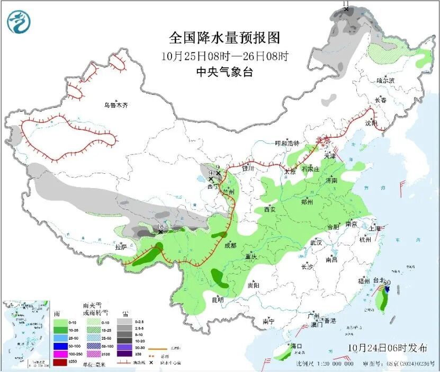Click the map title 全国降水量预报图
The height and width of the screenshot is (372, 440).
[x=224, y=38]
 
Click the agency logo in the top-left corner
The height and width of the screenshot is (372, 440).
[x=19, y=22]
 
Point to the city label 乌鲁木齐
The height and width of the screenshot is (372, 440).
[x=116, y=105]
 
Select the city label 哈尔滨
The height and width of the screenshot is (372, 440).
[x=385, y=81]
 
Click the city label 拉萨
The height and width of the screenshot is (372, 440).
[x=121, y=246]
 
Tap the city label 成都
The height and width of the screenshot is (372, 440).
[x=230, y=245]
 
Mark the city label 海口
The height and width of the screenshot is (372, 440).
[x=296, y=346]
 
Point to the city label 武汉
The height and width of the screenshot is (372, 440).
[x=316, y=242]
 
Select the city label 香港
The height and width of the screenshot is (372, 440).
[x=330, y=321]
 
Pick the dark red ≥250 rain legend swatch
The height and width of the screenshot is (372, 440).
[x=59, y=362]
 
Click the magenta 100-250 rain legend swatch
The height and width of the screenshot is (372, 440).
[x=59, y=353]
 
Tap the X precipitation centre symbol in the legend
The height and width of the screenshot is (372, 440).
[x=151, y=362]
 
